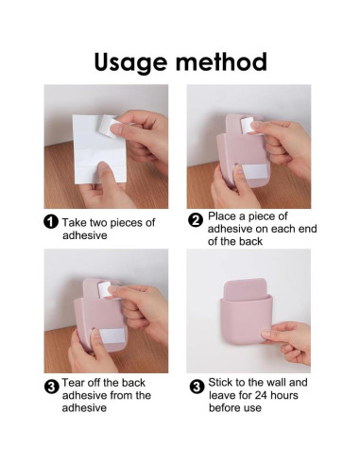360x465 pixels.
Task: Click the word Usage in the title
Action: pos(130,63)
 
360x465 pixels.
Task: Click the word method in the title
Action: pos(221,61)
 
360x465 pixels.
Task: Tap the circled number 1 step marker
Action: pos(51,222)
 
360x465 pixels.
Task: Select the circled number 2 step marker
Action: pos(196,219)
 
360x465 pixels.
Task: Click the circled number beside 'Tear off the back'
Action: pos(51,387)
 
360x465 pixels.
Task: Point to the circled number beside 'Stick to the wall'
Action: pos(197,387)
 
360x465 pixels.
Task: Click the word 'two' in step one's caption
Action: pos(98,222)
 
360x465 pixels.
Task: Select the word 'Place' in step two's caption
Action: pos(222,216)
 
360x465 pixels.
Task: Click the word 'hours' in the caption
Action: pos(284,395)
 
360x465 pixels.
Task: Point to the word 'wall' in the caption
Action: pos(276,382)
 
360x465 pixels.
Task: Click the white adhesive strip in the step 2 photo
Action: pos(251,172)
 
